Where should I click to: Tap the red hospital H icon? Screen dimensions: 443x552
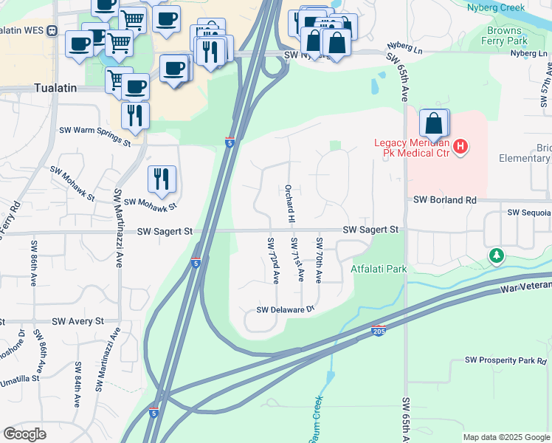[460, 147]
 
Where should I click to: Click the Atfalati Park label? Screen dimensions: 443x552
[379, 269]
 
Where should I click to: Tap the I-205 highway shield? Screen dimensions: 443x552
[379, 330]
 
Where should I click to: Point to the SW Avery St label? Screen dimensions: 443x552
[77, 322]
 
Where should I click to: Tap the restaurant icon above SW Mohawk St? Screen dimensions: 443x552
[162, 179]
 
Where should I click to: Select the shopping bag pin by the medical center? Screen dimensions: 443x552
[435, 124]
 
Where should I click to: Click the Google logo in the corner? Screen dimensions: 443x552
[24, 434]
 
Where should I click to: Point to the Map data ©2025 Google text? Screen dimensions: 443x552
[506, 437]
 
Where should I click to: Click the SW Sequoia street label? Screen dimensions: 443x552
[528, 213]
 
